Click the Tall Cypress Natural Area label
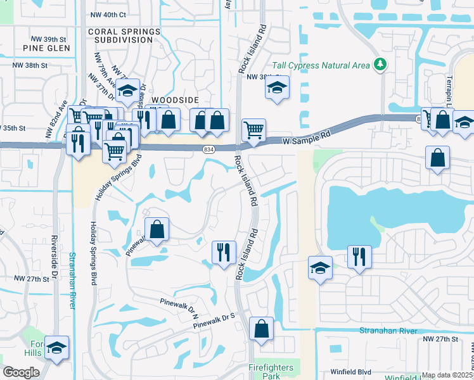321,65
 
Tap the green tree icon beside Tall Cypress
380,64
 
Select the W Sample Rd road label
307,135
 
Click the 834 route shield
208,149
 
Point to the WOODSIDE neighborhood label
175,100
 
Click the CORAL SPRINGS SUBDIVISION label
120,35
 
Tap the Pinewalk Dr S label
214,320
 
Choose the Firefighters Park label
271,372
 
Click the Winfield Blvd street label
350,372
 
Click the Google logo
21,372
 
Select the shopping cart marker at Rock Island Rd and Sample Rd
253,130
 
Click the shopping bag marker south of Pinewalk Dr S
261,329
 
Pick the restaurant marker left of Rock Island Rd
223,252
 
